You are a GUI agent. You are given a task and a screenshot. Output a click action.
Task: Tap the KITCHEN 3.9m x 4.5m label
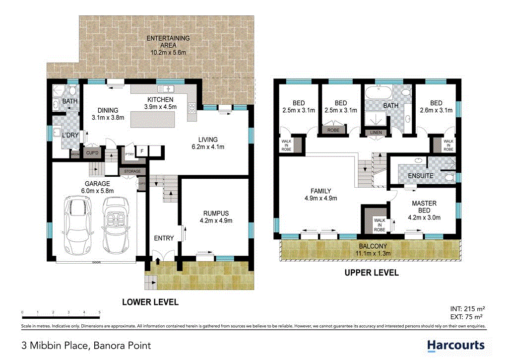160,103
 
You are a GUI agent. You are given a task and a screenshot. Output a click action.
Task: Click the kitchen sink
166,89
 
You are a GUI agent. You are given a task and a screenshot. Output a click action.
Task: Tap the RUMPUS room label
215,216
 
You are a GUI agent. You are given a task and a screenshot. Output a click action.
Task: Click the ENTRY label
164,238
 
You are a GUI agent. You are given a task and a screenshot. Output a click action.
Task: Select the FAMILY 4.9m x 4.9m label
320,195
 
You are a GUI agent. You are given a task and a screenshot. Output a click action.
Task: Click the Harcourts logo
455,345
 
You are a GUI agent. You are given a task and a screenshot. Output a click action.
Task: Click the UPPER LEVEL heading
372,273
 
